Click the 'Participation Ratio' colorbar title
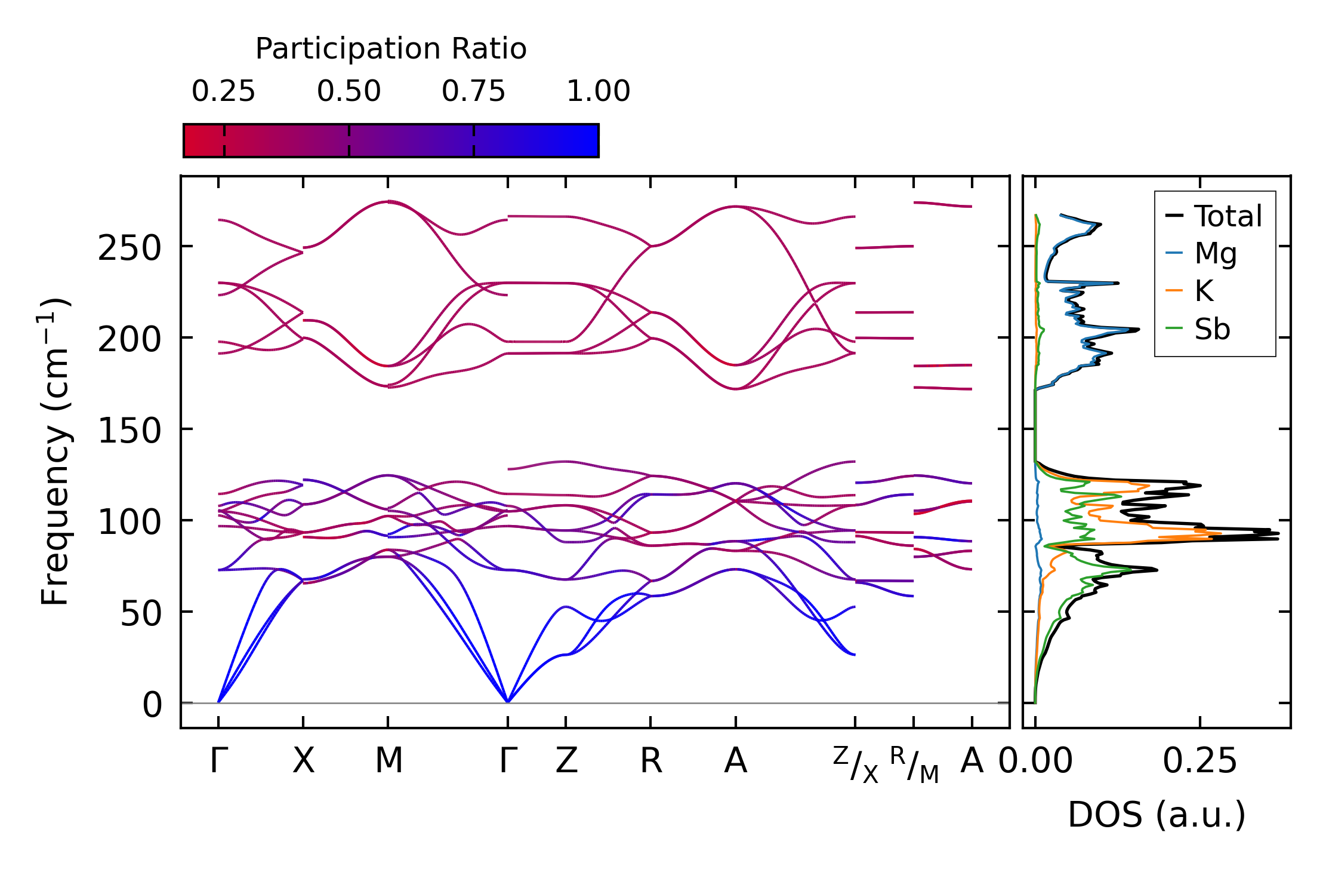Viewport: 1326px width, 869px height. tap(391, 49)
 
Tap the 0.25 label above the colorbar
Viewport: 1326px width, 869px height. tap(223, 92)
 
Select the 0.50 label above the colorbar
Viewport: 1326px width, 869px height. tap(349, 92)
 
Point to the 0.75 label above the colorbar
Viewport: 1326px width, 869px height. tap(473, 92)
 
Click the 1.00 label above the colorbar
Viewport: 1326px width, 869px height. tap(598, 92)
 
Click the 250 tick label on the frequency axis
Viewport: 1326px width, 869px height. tap(129, 248)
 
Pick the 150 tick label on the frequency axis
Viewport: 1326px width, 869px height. tap(129, 431)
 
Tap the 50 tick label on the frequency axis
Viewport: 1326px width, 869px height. tap(141, 613)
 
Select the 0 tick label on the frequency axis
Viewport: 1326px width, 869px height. tap(152, 705)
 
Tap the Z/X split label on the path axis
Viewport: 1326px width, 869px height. tap(856, 764)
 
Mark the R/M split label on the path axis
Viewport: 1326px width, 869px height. tap(914, 764)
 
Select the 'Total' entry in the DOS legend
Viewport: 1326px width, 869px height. tap(1228, 216)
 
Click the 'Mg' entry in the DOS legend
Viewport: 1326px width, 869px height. tap(1215, 254)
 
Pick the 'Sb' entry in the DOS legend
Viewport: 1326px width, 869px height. tap(1212, 329)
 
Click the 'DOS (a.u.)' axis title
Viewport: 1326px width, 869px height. tap(1157, 815)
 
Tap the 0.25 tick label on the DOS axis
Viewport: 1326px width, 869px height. tap(1199, 761)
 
